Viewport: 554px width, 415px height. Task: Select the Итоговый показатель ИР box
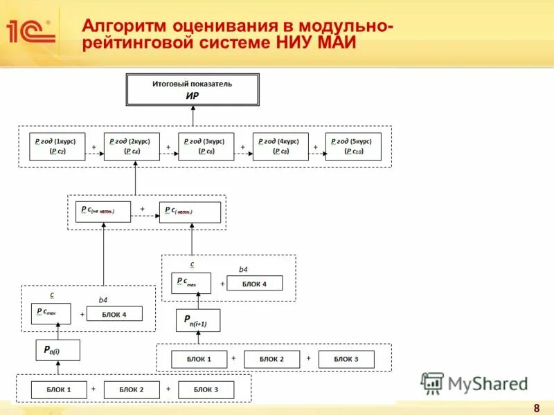(x=193, y=89)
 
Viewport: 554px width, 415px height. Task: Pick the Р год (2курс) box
(x=132, y=146)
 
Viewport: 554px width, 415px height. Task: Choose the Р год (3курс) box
(x=206, y=146)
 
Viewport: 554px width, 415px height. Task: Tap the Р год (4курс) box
(x=280, y=146)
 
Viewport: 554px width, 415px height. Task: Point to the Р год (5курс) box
(x=353, y=146)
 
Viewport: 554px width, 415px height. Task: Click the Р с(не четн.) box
(x=102, y=212)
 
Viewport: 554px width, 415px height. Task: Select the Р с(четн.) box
(x=190, y=212)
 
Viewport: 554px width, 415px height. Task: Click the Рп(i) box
(x=57, y=350)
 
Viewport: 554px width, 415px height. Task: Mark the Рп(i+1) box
(x=198, y=321)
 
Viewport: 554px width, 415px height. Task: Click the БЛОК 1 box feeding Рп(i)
(x=59, y=389)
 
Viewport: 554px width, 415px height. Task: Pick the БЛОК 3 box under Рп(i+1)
(x=346, y=359)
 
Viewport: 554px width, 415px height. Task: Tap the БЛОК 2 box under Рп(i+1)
(x=272, y=359)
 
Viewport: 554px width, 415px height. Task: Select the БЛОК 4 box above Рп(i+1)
(x=254, y=283)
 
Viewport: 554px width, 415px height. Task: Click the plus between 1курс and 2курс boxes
(x=93, y=147)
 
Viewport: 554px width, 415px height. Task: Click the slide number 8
(x=537, y=406)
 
